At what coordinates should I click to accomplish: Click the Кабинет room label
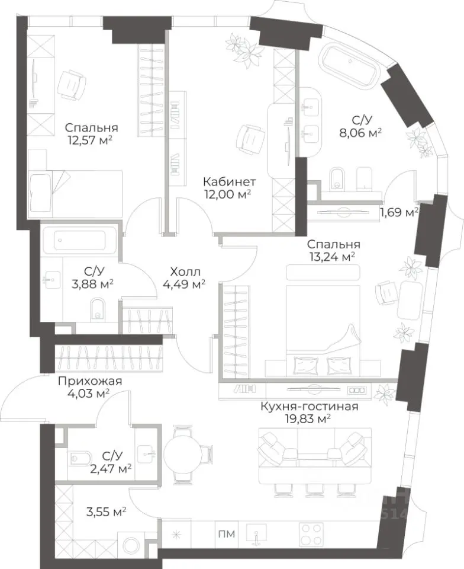[229, 181]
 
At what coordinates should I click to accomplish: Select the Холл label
[185, 271]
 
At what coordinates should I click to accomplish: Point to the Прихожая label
[90, 381]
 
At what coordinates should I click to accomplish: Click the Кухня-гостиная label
[310, 406]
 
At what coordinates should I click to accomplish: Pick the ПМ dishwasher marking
[227, 534]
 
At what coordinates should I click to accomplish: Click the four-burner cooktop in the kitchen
[311, 534]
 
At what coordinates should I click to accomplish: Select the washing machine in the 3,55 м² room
[131, 545]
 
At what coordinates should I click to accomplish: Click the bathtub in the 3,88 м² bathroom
[80, 240]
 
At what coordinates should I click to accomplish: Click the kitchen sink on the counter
[256, 534]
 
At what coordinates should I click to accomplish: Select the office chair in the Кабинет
[249, 139]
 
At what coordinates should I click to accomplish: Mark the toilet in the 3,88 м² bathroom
[96, 309]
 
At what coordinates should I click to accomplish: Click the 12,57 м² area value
[89, 140]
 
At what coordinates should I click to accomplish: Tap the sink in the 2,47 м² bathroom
[148, 453]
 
